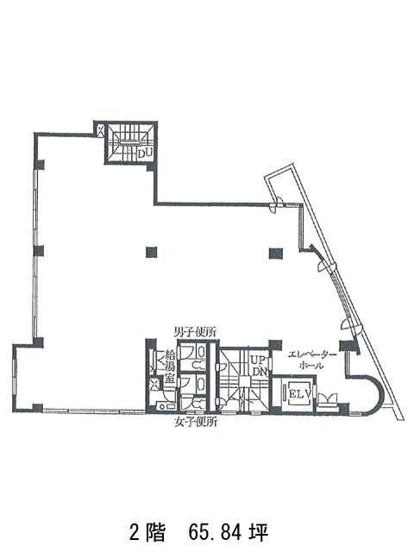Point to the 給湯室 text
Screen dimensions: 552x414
coord(170,367)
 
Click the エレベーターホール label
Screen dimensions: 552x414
coord(308,360)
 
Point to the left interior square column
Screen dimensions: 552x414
coord(152,252)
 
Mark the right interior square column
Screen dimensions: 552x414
coord(275,252)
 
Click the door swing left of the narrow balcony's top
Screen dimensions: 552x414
coord(277,205)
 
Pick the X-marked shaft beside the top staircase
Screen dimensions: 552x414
coord(101,130)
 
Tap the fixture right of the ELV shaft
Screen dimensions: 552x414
coord(329,398)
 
